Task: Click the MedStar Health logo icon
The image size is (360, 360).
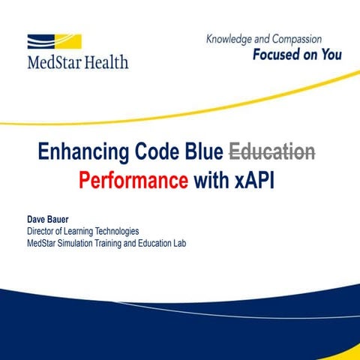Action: point(54,42)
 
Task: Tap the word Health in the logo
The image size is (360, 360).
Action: point(105,62)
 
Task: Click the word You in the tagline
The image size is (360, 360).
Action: point(329,54)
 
